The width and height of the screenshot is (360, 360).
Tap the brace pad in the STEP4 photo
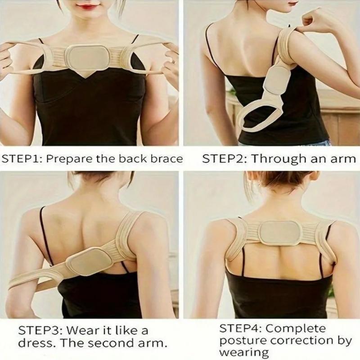(279, 233)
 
